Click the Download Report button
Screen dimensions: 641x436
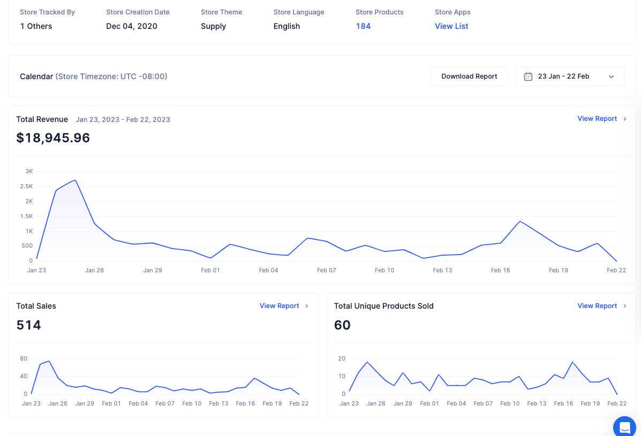pyautogui.click(x=469, y=77)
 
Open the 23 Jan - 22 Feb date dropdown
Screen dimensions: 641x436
pyautogui.click(x=569, y=77)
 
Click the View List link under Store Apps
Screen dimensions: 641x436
pyautogui.click(x=451, y=26)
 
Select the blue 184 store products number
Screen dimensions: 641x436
pyautogui.click(x=363, y=26)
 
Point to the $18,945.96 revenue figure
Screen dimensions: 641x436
pyautogui.click(x=53, y=138)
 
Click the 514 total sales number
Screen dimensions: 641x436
pyautogui.click(x=28, y=325)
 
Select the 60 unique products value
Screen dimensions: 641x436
pyautogui.click(x=342, y=325)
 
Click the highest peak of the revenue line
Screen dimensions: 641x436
pyautogui.click(x=75, y=180)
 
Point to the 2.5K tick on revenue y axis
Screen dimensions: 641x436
pyautogui.click(x=27, y=186)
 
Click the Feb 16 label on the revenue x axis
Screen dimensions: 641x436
pyautogui.click(x=500, y=270)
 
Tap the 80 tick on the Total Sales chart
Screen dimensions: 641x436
pyautogui.click(x=24, y=358)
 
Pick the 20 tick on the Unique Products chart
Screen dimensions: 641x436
pyautogui.click(x=342, y=358)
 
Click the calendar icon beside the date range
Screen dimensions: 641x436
pyautogui.click(x=528, y=77)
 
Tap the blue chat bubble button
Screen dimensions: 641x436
pyautogui.click(x=624, y=426)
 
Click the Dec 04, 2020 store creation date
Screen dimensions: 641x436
pyautogui.click(x=132, y=26)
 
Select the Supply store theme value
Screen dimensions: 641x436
pyautogui.click(x=213, y=27)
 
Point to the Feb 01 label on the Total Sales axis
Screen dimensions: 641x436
pyautogui.click(x=111, y=403)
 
